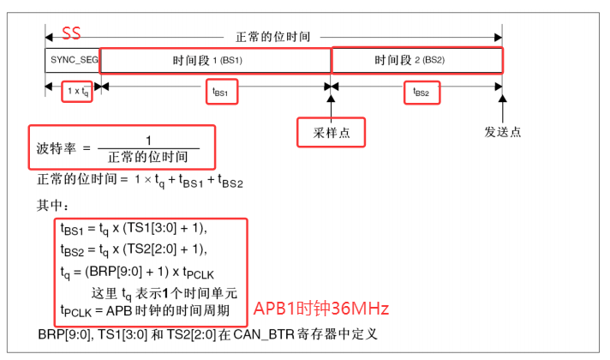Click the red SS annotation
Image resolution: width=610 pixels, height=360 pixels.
(x=71, y=34)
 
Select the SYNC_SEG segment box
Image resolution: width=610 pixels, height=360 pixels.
(x=72, y=61)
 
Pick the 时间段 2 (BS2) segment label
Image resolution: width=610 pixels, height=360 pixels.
(x=416, y=61)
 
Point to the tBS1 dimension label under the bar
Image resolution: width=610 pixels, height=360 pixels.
(x=219, y=92)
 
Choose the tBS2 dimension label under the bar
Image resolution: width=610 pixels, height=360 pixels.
(x=421, y=92)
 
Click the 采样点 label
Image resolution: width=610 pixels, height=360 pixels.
(x=330, y=132)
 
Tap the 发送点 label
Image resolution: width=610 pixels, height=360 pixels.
(x=502, y=132)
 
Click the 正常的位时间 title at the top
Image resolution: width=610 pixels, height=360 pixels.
(x=272, y=37)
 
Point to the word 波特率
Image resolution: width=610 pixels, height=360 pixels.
(x=54, y=148)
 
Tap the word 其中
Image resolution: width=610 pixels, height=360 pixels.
(x=52, y=206)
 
